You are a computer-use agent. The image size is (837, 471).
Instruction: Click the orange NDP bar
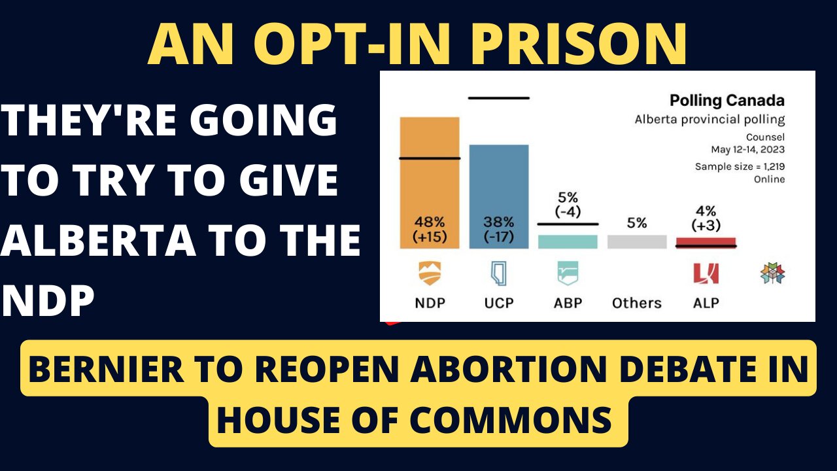point(430,183)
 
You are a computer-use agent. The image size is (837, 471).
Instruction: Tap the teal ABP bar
point(567,241)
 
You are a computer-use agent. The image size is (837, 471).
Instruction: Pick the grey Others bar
point(636,241)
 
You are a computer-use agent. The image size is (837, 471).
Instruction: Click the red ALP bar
point(706,242)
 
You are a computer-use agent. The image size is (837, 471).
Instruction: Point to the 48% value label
point(430,222)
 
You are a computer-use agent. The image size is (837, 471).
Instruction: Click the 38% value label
point(498,222)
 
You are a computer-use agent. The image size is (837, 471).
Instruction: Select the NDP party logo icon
point(430,273)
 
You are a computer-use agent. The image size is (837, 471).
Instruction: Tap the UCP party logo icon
point(498,273)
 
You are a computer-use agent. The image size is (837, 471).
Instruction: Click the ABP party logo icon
point(567,273)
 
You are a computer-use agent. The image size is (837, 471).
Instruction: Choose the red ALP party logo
point(706,273)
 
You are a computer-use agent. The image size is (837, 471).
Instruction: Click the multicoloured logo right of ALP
point(772,273)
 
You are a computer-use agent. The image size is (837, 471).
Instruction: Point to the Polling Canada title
point(726,101)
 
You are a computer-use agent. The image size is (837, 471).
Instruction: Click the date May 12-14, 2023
point(749,149)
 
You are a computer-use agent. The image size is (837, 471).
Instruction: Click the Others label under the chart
point(636,303)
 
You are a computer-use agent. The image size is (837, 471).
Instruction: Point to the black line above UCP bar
point(498,98)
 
